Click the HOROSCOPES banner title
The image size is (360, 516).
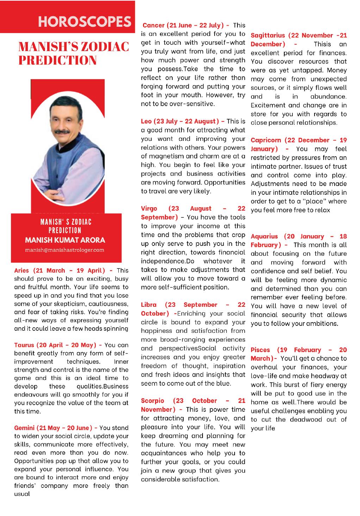pos(85,21)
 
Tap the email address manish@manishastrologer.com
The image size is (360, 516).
pos(65,250)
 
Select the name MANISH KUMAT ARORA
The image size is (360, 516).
pos(65,240)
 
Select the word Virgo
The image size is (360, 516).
pos(149,209)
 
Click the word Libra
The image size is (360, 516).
pos(149,305)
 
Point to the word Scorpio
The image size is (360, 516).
pos(152,401)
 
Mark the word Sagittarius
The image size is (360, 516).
pos(268,36)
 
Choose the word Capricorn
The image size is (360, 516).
pos(266,140)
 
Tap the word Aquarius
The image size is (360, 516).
pos(264,236)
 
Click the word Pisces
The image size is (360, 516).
pos(260,350)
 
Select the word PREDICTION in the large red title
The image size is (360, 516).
pos(57,60)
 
